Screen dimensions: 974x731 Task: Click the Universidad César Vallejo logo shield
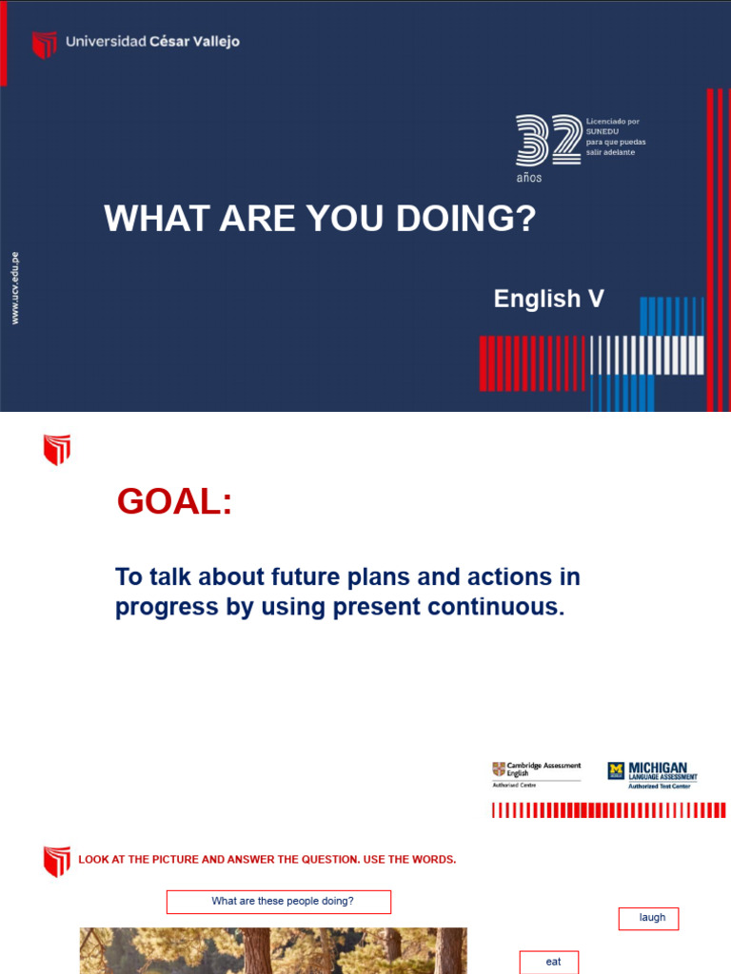(44, 44)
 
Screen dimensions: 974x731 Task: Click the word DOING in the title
(465, 220)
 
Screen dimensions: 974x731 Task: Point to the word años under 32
(529, 178)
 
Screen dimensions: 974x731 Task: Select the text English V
(548, 299)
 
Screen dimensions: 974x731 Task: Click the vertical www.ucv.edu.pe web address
(15, 288)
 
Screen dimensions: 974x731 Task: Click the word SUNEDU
(603, 131)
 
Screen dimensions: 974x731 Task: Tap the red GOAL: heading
(174, 501)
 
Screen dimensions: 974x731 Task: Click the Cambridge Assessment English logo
(535, 771)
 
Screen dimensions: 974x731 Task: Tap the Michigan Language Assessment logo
(653, 773)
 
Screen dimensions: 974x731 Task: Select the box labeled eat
(549, 962)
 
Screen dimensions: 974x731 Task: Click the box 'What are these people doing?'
(279, 902)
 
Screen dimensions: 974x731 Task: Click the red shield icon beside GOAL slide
(57, 450)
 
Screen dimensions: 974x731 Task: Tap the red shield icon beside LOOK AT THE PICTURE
(57, 861)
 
